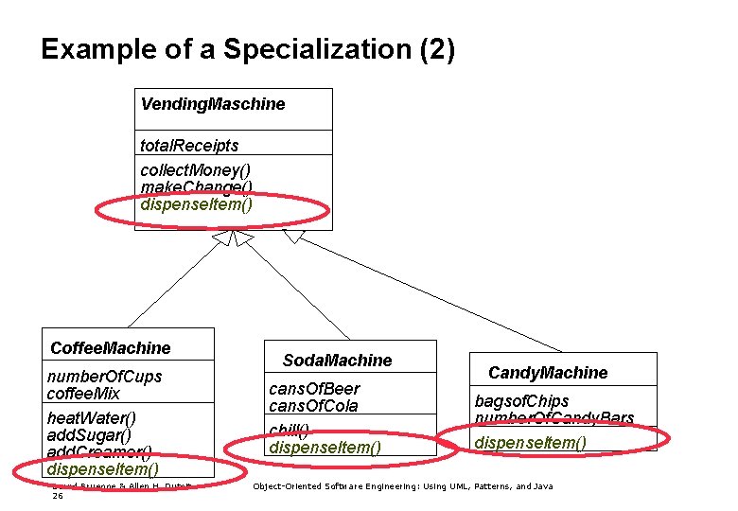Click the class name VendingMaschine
(x=212, y=104)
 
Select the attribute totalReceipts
(x=189, y=145)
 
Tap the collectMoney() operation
(x=196, y=170)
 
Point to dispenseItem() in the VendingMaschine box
(x=197, y=203)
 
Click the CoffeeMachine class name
(x=110, y=348)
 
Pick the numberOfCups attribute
(x=104, y=377)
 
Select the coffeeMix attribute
(x=83, y=394)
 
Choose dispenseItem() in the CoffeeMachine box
(x=102, y=468)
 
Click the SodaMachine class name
(x=337, y=361)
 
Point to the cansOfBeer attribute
(x=314, y=389)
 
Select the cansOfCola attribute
(x=313, y=406)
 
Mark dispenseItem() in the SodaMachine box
(x=325, y=447)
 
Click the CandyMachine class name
(x=548, y=373)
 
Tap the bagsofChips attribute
(x=521, y=401)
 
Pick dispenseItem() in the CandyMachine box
(x=530, y=443)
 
